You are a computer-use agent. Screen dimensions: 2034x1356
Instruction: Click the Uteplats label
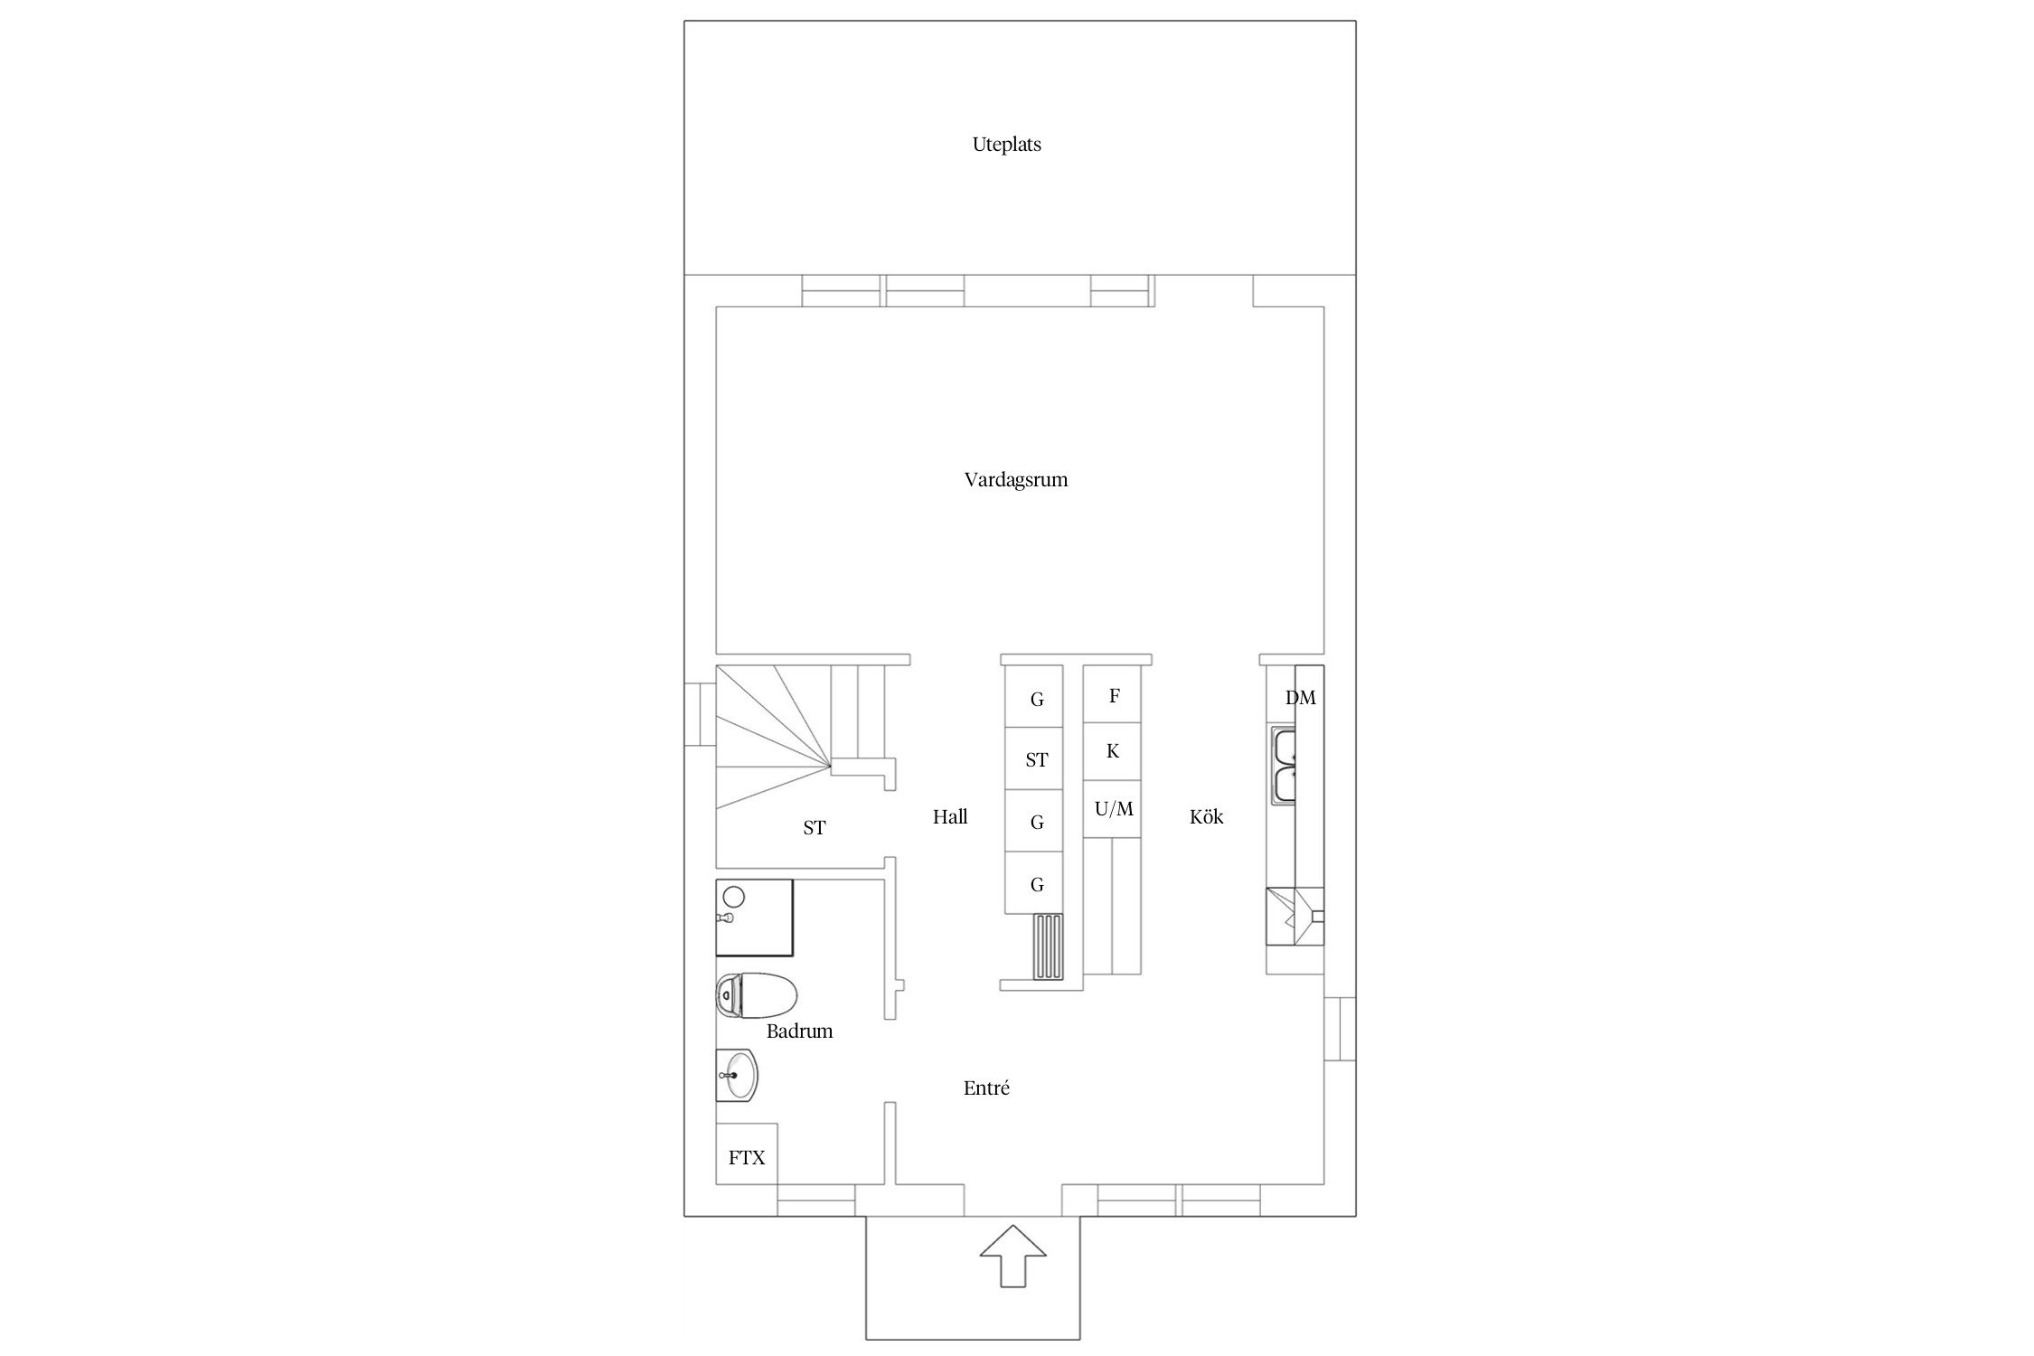(1006, 145)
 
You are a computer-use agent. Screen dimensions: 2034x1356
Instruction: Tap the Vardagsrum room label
(1016, 480)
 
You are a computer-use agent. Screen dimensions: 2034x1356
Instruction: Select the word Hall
(950, 817)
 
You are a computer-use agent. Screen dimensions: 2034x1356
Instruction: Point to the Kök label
(1206, 817)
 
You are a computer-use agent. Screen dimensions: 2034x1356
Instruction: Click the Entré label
(986, 1088)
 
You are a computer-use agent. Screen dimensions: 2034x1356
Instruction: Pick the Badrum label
(799, 1031)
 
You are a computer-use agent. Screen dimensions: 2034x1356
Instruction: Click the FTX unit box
(747, 1154)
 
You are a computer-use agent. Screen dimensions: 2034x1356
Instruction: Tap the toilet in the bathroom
(757, 995)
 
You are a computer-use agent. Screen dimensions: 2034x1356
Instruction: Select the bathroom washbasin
(737, 1076)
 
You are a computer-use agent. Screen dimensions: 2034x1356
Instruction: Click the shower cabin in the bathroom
(754, 918)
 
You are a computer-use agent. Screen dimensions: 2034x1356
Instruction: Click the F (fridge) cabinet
(1112, 694)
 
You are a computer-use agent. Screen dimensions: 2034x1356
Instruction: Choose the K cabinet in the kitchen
(1112, 751)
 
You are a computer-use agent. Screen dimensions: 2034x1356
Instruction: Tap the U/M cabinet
(1112, 809)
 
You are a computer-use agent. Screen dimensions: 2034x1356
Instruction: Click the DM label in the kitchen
(1301, 698)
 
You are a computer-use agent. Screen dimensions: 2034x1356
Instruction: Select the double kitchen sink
(1284, 766)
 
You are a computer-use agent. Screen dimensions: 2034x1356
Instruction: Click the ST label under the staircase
(815, 828)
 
